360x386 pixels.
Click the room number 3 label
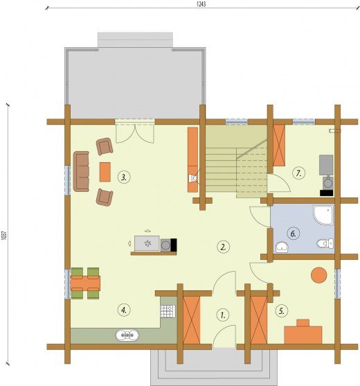(x=124, y=177)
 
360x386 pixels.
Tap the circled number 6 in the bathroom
(x=294, y=234)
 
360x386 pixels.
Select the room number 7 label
(x=299, y=173)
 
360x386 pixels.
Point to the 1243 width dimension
(x=201, y=4)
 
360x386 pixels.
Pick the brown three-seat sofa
(x=82, y=171)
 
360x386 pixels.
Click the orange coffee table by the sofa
(x=105, y=172)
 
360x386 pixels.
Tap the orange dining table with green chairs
(x=85, y=283)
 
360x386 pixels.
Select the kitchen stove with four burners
(x=168, y=311)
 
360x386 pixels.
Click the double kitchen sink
(x=127, y=335)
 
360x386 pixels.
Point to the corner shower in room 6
(x=323, y=215)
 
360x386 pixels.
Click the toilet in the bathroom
(x=325, y=243)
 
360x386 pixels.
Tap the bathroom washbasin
(x=282, y=247)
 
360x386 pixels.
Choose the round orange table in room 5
(x=319, y=275)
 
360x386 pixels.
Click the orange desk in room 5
(x=303, y=333)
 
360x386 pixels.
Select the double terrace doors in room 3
(x=135, y=132)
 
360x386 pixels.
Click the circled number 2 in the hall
(x=224, y=247)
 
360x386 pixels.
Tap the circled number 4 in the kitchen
(x=124, y=310)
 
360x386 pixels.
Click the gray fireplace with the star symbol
(x=147, y=243)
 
